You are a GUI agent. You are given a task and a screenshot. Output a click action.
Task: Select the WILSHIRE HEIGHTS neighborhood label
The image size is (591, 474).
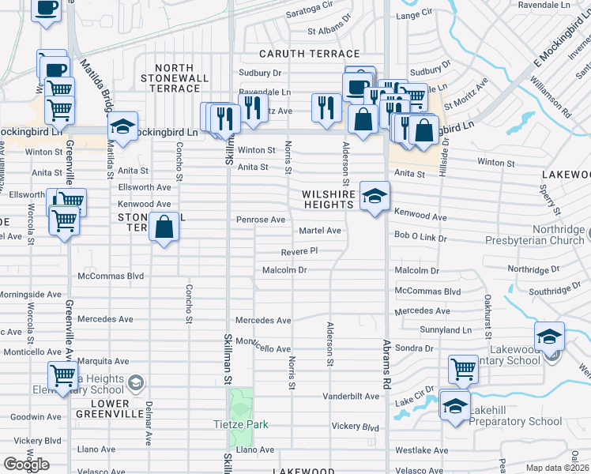327,199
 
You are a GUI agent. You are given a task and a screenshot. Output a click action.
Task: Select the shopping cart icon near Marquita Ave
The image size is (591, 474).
62,375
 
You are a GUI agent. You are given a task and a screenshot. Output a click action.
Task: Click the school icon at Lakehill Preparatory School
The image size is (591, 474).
454,406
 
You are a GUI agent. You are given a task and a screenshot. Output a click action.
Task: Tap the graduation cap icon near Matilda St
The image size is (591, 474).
122,126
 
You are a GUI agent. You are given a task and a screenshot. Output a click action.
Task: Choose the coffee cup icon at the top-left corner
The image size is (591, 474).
46,9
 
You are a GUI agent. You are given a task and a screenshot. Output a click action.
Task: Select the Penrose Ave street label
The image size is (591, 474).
261,220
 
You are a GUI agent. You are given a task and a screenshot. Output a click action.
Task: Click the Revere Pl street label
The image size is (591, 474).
299,251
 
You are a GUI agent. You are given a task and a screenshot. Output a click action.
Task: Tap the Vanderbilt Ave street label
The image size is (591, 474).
351,396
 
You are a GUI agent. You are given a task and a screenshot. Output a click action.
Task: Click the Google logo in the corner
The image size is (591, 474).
25,464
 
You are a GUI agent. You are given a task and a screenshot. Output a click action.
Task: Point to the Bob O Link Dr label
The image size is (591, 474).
420,237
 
